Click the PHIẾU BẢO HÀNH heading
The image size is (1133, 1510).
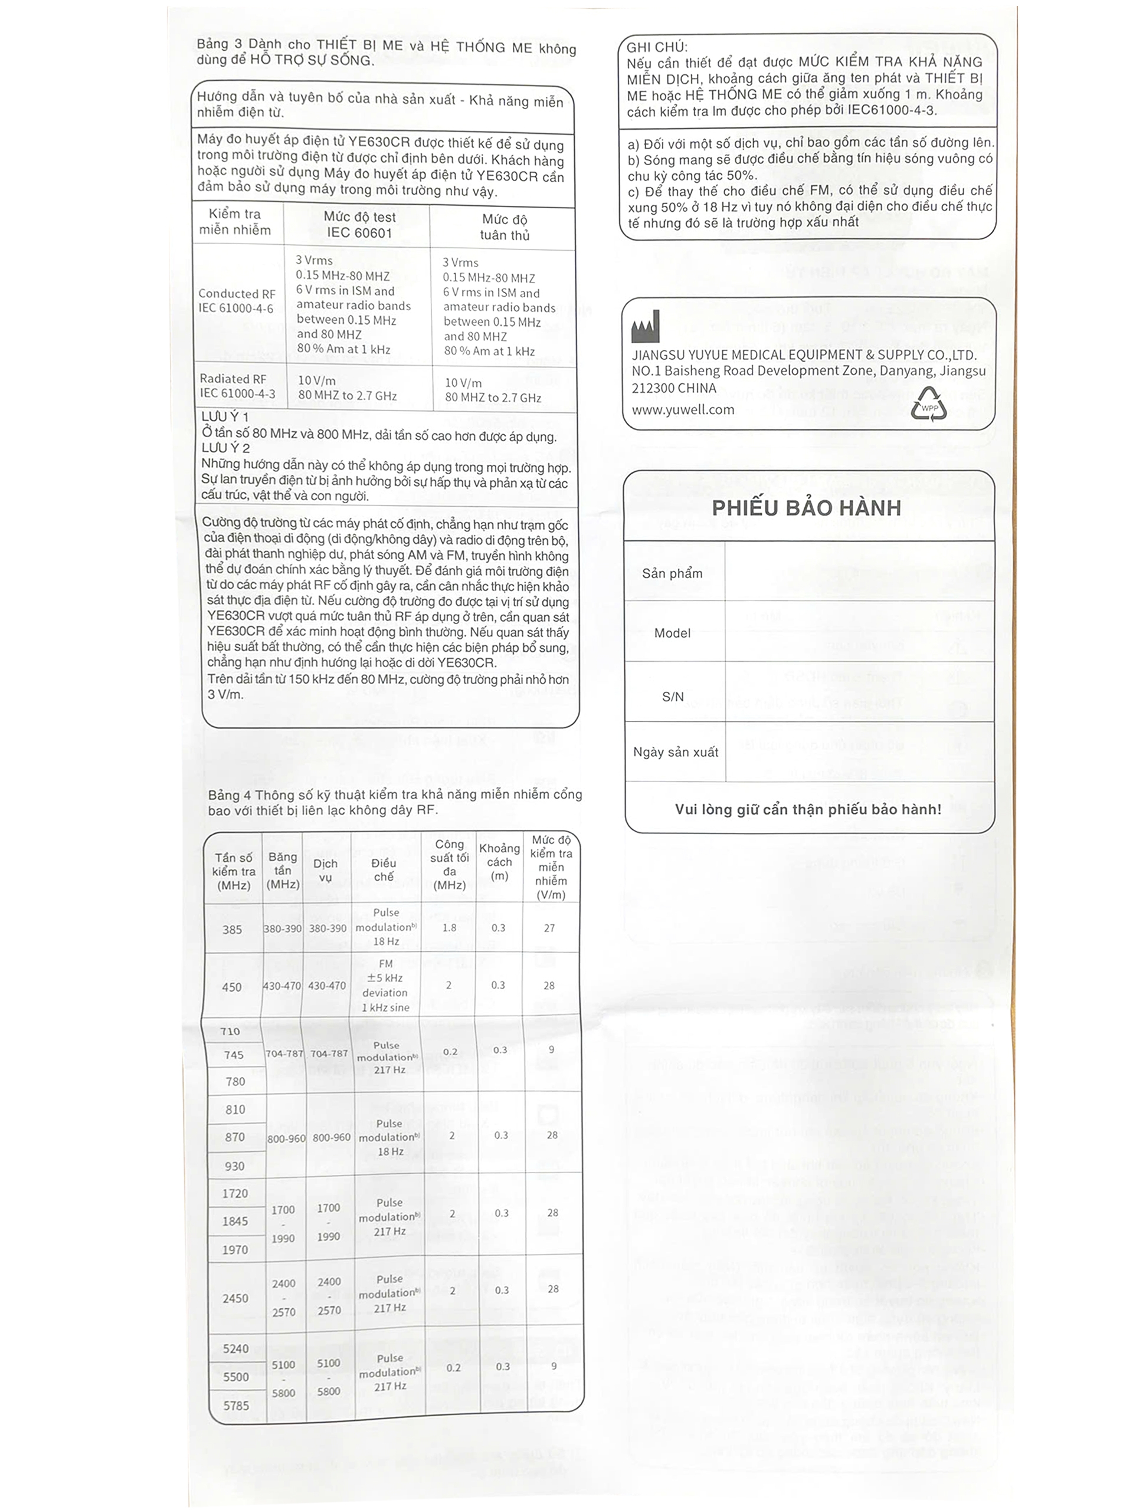tap(806, 508)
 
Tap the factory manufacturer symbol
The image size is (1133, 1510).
tap(646, 327)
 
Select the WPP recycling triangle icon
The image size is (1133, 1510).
tap(929, 404)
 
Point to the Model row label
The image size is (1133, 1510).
tap(672, 633)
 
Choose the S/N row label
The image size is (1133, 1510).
tap(672, 696)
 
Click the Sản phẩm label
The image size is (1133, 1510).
tap(672, 573)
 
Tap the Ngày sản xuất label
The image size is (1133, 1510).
tap(676, 751)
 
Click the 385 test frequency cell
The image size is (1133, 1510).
tap(232, 929)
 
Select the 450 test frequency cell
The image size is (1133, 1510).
tap(231, 986)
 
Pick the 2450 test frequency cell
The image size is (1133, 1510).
tap(235, 1298)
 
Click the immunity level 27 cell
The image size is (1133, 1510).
tap(549, 928)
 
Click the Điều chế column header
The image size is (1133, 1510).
tap(384, 869)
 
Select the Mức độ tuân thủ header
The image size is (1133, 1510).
tap(504, 227)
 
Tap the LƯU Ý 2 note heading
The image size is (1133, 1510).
tap(225, 448)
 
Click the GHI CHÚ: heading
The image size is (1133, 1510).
tap(657, 47)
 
